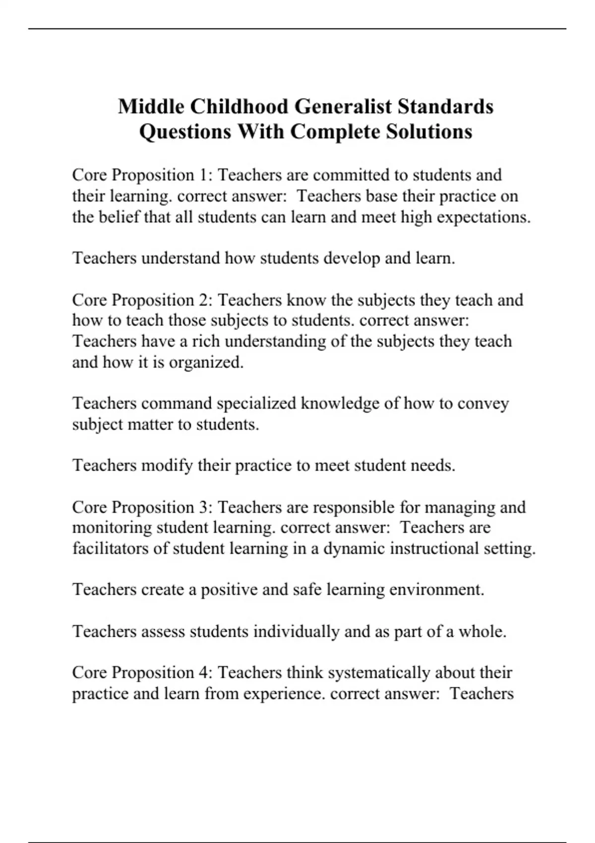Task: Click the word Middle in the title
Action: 151,107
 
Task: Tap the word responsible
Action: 354,507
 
